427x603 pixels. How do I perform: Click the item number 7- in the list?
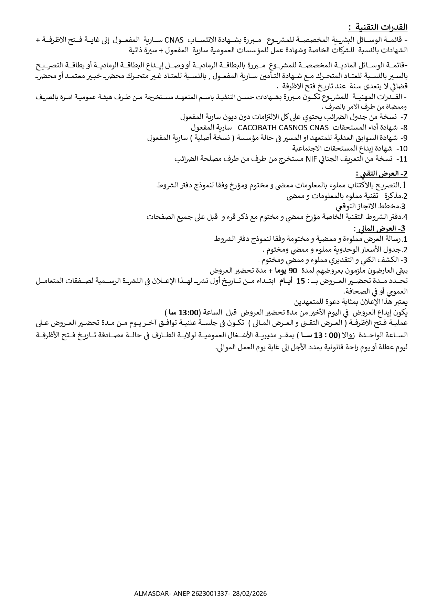(x=403, y=117)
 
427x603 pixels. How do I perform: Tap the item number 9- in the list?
(x=403, y=138)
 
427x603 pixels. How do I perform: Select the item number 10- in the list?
(x=402, y=149)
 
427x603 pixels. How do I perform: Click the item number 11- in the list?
(x=402, y=159)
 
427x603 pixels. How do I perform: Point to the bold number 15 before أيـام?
(x=300, y=281)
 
